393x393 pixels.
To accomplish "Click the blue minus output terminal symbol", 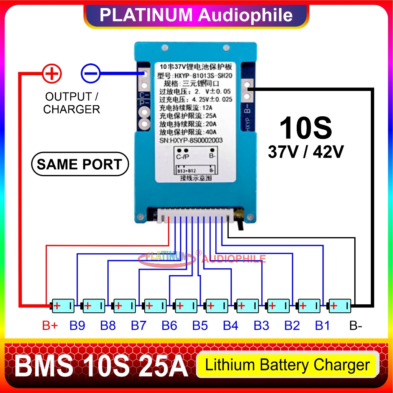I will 91,73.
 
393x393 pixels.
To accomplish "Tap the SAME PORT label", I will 79,165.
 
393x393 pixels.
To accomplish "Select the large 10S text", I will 305,128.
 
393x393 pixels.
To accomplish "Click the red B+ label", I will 50,326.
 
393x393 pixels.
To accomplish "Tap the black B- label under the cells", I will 355,326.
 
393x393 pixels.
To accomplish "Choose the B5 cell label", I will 200,326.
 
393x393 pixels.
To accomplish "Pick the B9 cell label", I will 77,326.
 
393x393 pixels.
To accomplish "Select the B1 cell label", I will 322,326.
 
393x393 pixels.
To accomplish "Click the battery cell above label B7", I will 155,306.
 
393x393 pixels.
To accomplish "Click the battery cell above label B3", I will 278,306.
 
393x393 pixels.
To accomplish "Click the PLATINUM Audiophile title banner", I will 196,15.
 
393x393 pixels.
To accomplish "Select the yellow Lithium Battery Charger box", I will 287,365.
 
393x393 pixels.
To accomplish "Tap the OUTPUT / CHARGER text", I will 71,103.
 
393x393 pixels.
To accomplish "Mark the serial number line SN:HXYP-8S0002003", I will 191,140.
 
